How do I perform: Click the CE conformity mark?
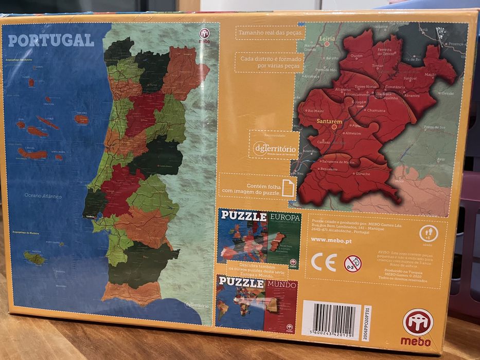tap(324, 262)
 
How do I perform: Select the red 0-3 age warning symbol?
tap(352, 264)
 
